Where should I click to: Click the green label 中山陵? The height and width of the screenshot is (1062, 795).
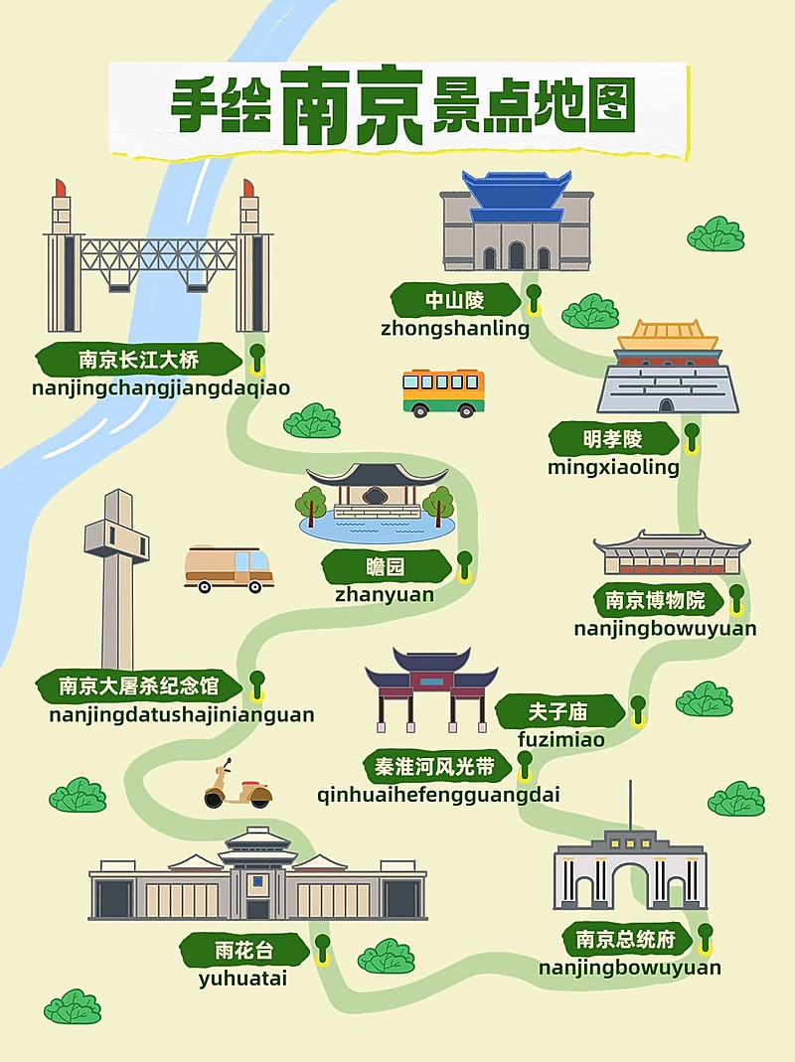455,300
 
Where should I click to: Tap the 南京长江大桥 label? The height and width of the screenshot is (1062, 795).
139,358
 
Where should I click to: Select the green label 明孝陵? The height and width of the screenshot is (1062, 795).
612,438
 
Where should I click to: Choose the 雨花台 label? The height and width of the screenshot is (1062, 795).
242,950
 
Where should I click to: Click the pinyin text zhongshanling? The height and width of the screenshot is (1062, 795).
455,329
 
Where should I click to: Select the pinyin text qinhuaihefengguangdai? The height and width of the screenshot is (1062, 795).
438,795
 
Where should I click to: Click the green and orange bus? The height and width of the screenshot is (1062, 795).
443,392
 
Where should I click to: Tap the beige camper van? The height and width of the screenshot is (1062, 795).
230,568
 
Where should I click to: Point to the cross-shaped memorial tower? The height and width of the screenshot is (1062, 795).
117,576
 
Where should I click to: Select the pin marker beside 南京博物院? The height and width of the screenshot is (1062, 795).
736,597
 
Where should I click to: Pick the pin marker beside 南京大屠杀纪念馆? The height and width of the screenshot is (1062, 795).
257,683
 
